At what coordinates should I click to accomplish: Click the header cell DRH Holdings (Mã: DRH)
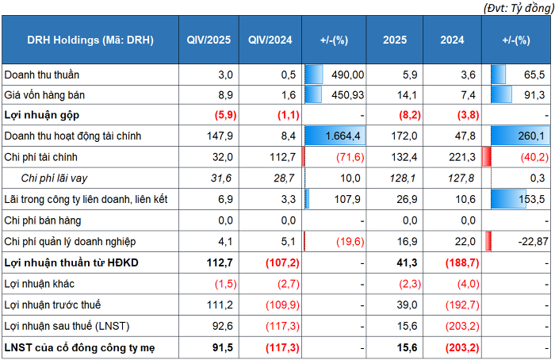pos(90,40)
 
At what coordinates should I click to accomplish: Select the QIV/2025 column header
pos(208,40)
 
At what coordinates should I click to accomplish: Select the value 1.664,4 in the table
pos(345,136)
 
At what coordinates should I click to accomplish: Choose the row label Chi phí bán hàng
pos(44,219)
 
